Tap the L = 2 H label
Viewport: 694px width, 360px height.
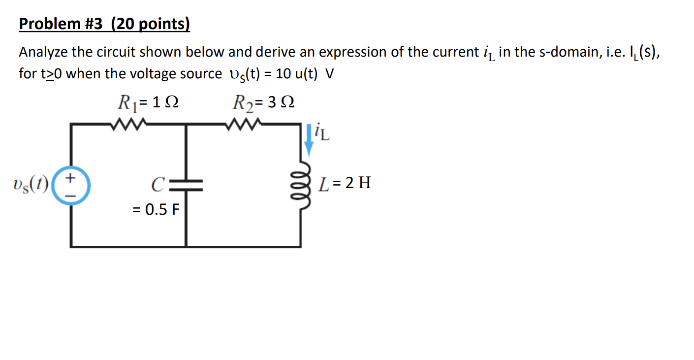[x=345, y=184]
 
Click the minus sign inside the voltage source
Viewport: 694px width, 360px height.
[x=71, y=196]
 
